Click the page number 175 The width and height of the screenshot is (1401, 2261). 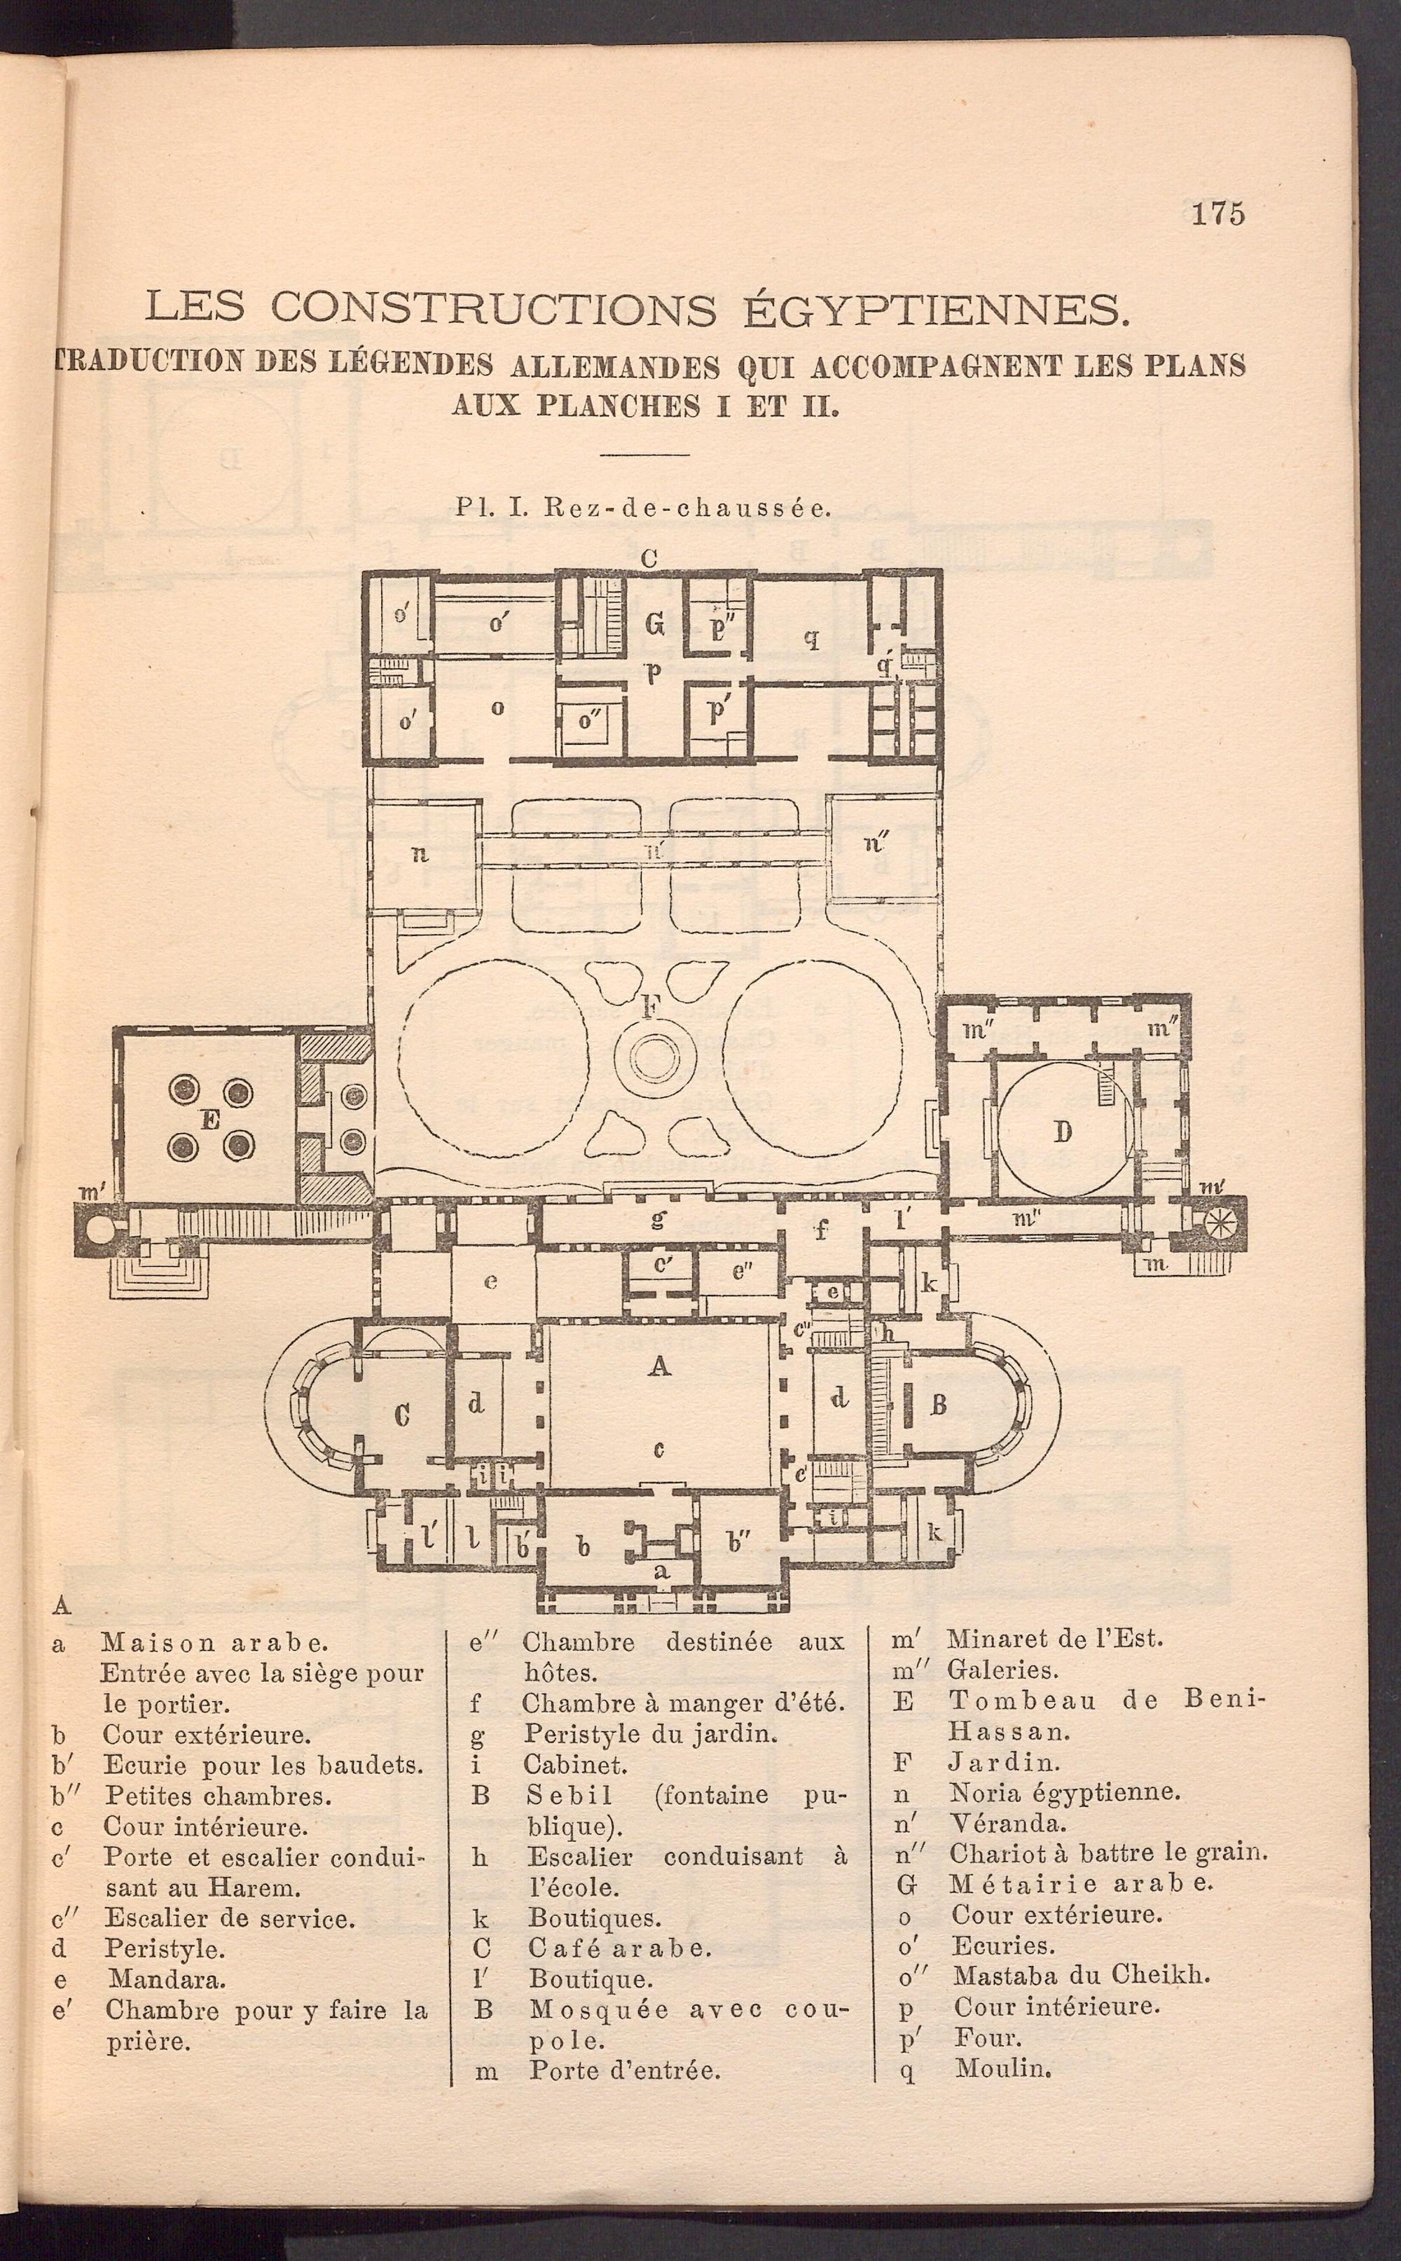pos(1217,214)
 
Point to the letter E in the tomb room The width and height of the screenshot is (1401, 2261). pos(209,1120)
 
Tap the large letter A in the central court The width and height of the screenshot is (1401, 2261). pos(660,1365)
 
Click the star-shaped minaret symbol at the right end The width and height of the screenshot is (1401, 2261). pos(1217,1223)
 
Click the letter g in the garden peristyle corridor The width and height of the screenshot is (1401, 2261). pos(658,1219)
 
